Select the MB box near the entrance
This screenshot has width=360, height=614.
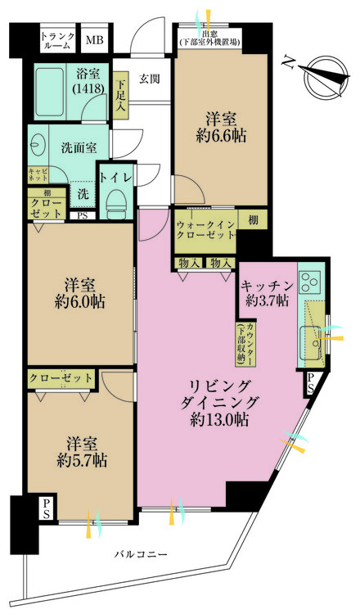95,40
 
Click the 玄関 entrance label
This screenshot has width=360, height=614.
149,79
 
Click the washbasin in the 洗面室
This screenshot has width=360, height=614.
38,147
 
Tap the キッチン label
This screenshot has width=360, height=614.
265,287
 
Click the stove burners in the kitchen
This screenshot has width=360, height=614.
311,283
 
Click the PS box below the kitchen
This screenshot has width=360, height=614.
312,383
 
